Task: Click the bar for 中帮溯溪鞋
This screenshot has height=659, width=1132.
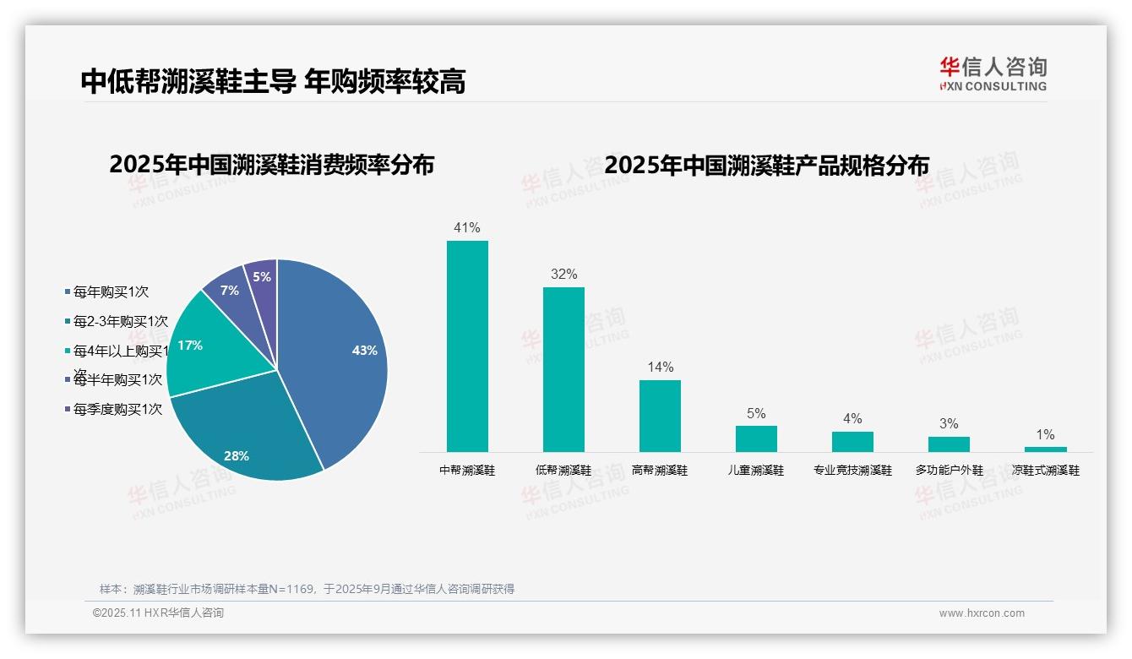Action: point(467,346)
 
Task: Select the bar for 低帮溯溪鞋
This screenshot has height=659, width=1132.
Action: point(563,369)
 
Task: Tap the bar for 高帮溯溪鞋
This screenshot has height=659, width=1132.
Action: point(660,416)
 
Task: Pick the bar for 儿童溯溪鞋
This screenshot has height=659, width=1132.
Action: point(756,438)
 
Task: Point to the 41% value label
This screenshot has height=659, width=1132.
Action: point(466,228)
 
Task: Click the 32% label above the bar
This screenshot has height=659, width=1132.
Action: point(563,275)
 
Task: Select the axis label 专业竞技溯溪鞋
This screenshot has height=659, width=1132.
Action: point(852,471)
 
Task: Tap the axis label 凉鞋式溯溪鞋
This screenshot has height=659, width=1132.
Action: point(1045,471)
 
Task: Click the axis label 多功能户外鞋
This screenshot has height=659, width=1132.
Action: point(949,471)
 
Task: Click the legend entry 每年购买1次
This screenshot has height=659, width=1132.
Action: point(110,292)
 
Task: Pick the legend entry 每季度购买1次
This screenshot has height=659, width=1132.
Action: point(117,410)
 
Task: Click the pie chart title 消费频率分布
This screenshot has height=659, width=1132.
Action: point(271,165)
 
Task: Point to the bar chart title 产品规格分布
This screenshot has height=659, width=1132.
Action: point(766,165)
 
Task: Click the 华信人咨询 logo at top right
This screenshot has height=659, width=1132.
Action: point(993,74)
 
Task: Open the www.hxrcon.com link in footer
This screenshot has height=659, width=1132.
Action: point(982,613)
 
